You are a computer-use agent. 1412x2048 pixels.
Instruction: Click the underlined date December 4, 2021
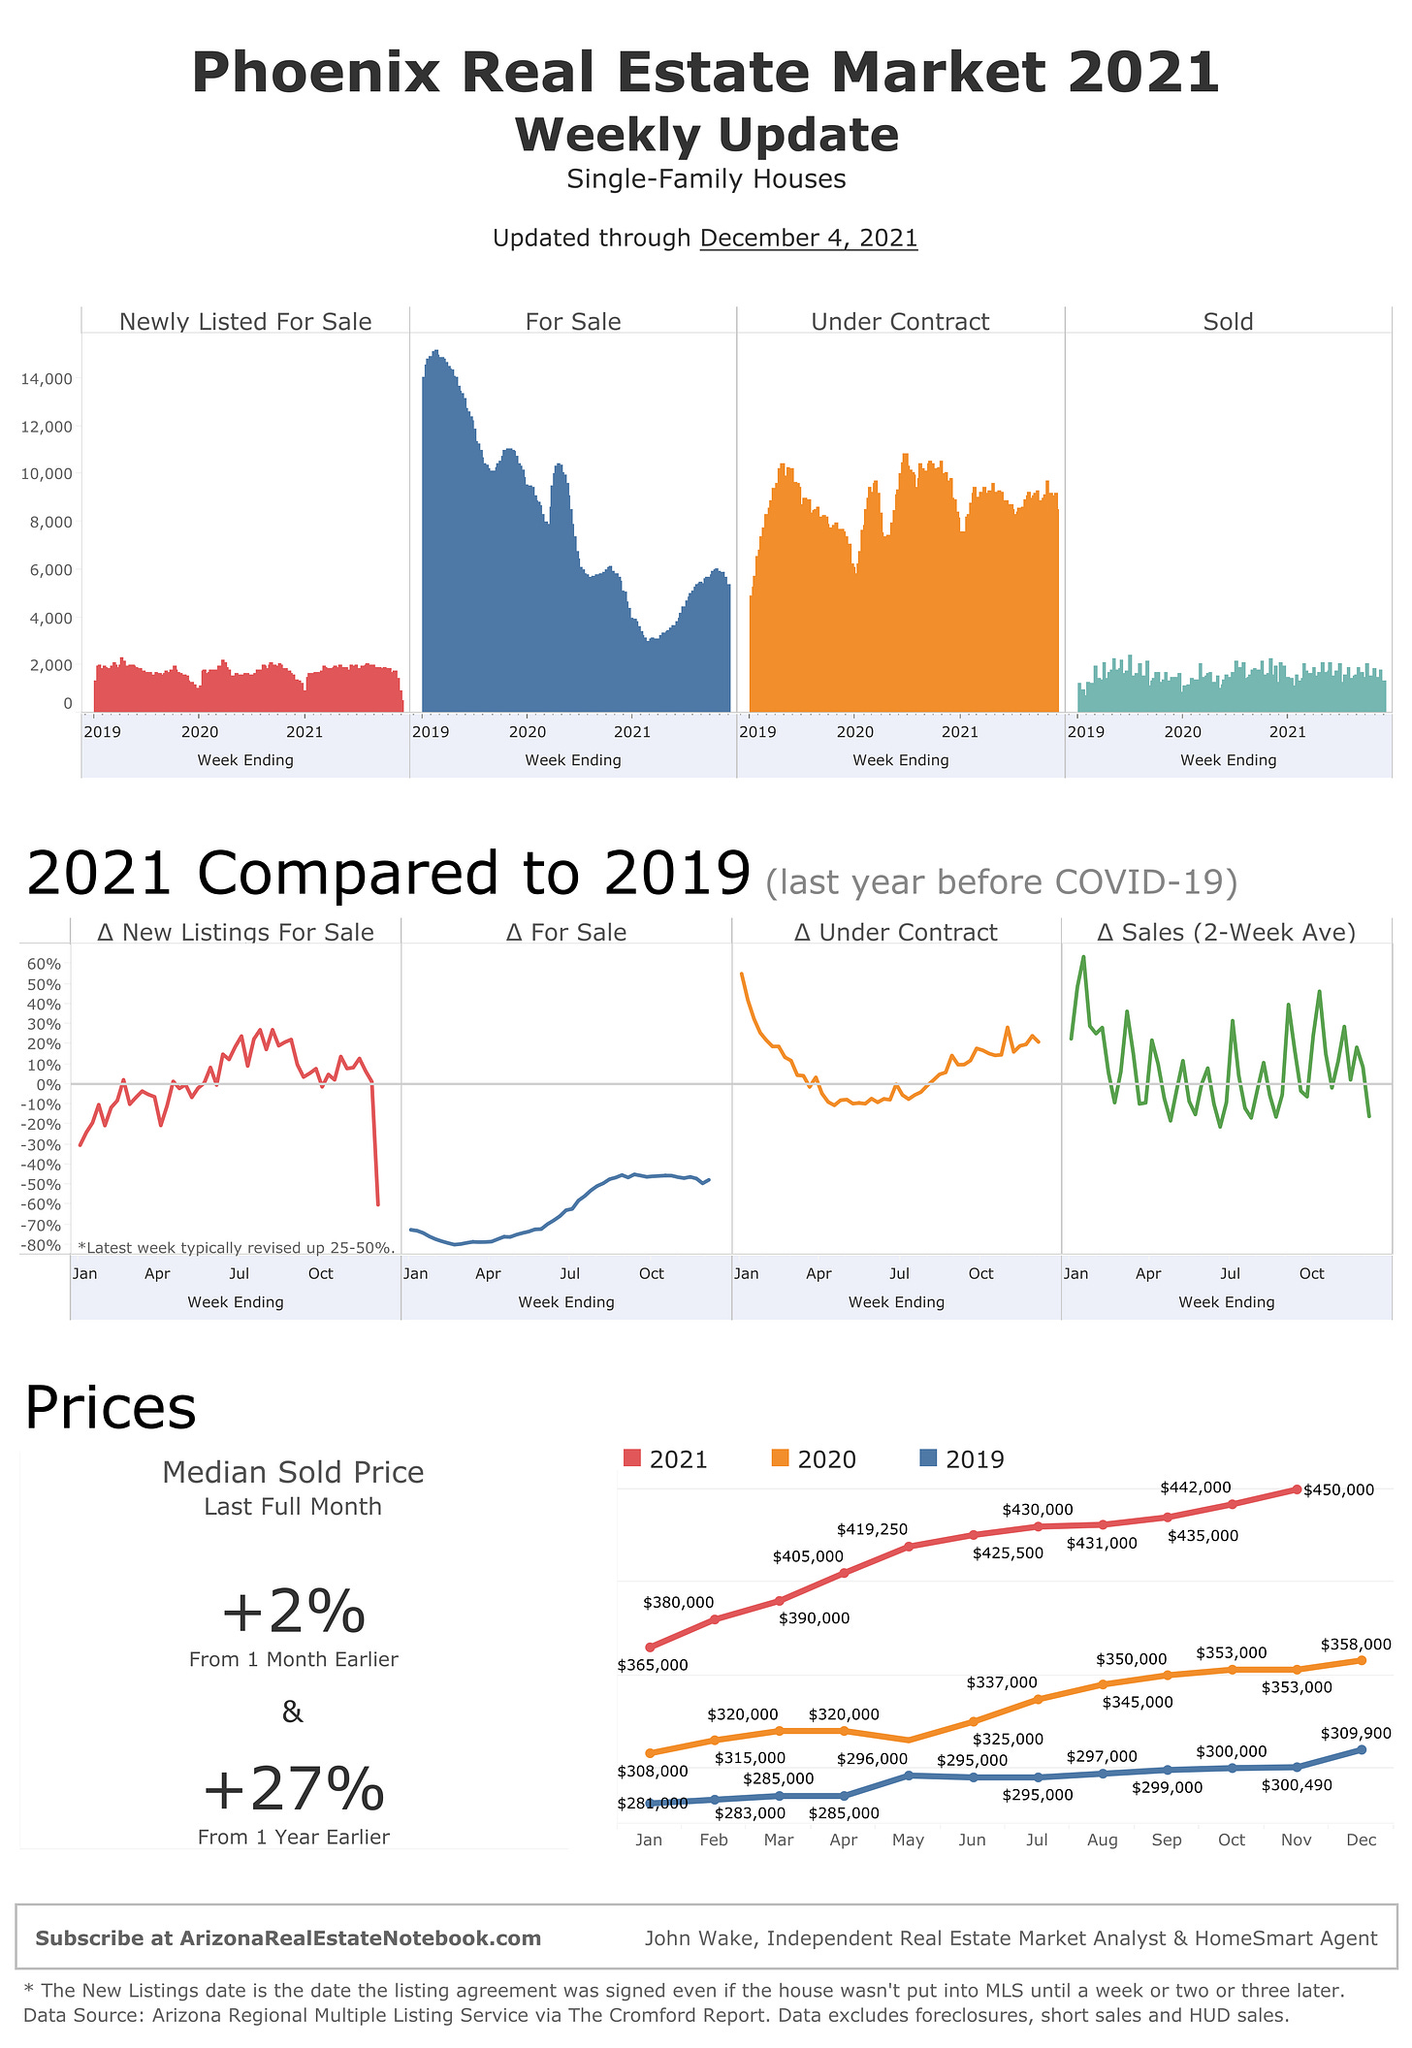point(808,238)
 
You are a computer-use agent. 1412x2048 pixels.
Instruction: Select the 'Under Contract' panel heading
point(900,322)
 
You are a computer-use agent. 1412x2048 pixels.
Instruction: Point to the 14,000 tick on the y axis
point(47,379)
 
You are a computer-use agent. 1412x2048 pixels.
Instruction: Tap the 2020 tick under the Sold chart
point(1182,732)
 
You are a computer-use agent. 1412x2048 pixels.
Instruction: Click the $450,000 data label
point(1338,1489)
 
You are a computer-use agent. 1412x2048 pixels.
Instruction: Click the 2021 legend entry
point(666,1459)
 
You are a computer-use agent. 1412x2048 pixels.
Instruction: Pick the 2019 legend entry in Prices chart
point(962,1459)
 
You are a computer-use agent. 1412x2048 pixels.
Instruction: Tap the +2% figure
point(293,1612)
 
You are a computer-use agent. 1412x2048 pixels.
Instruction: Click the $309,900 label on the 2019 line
point(1355,1733)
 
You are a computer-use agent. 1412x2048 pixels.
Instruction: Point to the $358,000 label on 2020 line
point(1355,1645)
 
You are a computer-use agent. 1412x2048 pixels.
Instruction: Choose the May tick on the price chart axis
point(908,1840)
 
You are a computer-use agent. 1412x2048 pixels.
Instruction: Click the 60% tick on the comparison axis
point(44,964)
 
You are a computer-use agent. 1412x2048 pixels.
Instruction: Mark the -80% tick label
point(44,1245)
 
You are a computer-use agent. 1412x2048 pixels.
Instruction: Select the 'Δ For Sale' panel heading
point(566,933)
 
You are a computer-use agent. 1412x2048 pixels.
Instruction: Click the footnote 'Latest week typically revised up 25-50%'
point(236,1248)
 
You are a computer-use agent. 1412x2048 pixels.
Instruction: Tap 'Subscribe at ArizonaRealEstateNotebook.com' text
point(288,1938)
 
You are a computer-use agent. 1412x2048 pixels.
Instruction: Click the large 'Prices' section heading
point(111,1408)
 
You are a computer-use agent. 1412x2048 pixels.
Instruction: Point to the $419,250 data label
point(872,1529)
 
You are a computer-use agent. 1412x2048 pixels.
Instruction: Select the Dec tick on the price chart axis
point(1361,1840)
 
